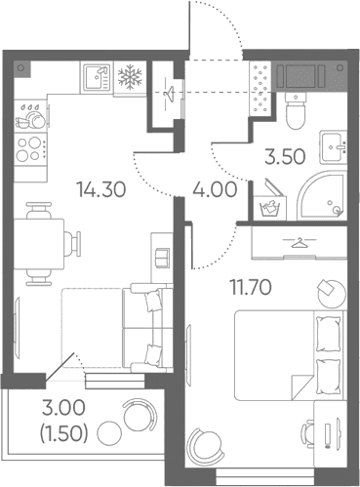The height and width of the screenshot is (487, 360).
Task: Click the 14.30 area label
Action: (100, 189)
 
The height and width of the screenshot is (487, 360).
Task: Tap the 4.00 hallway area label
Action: (215, 189)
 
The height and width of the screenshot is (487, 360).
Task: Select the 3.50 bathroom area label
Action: (285, 156)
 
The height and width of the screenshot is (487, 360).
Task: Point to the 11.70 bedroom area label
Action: (251, 287)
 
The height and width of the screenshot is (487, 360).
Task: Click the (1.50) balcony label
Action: (63, 434)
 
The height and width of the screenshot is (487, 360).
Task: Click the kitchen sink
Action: (97, 77)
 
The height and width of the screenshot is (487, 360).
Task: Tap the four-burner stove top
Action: (31, 148)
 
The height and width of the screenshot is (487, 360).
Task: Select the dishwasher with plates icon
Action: (31, 116)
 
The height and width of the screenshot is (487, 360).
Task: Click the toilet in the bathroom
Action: (297, 110)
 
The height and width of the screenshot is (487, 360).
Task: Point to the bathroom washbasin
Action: (333, 147)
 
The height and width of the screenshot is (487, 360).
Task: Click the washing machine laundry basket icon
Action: (270, 204)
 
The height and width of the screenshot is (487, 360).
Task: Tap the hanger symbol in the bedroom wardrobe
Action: (300, 243)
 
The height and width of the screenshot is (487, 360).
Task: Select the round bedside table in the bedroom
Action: (332, 294)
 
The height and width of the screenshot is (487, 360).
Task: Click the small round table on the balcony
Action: (109, 433)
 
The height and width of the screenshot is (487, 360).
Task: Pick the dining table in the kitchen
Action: (39, 244)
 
